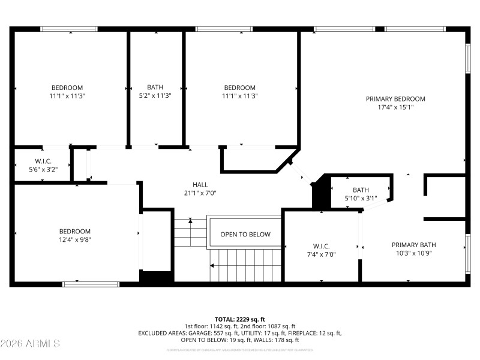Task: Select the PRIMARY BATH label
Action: point(413,245)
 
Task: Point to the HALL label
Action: point(200,184)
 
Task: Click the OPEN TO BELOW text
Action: point(245,235)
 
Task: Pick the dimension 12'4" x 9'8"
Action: point(75,240)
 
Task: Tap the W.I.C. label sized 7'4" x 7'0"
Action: point(321,246)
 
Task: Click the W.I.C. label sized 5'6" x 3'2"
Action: point(43,161)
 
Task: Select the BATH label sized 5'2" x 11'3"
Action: point(155,87)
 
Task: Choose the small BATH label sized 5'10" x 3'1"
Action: point(361,190)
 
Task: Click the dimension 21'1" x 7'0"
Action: point(200,193)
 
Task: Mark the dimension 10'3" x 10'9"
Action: point(413,253)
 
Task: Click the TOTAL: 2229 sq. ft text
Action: point(239,319)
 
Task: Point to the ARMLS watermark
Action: point(30,344)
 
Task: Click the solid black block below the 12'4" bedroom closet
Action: point(157,277)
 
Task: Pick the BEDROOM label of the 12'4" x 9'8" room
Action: point(75,232)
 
